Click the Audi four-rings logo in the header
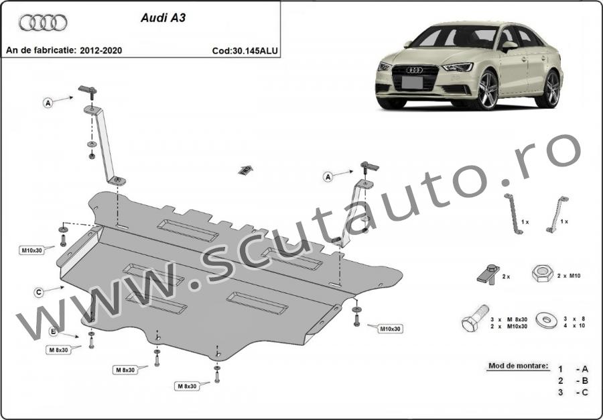tap(43, 23)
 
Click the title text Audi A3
tap(163, 18)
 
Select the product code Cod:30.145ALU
tap(245, 51)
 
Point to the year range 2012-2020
tap(100, 50)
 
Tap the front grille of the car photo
tap(415, 77)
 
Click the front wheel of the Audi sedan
tap(488, 90)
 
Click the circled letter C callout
tap(38, 293)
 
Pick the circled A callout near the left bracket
tap(48, 103)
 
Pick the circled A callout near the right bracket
tap(328, 176)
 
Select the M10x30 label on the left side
tap(31, 251)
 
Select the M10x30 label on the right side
tap(391, 329)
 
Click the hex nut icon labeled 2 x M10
tap(543, 273)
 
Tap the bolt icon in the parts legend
tap(475, 318)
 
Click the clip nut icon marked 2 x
tap(488, 274)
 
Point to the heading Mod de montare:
tap(519, 366)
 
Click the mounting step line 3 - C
tap(574, 392)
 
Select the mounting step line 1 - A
tap(574, 369)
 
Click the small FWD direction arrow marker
tap(246, 170)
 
